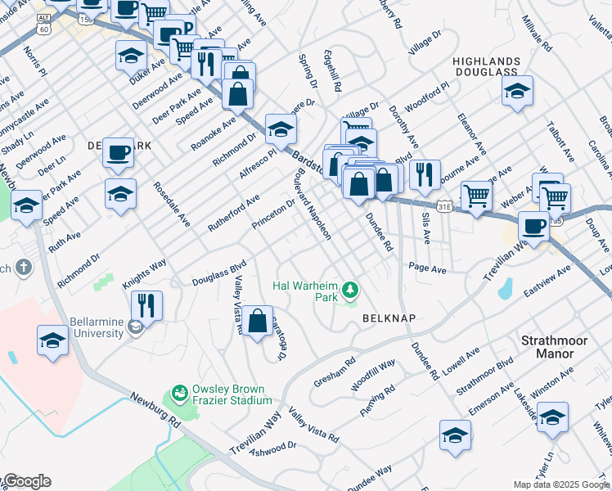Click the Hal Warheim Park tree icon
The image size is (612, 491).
click(x=350, y=289)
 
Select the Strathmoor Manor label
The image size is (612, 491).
click(x=553, y=345)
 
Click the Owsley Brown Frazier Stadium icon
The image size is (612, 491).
click(x=178, y=395)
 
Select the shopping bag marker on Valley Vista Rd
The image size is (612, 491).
click(x=258, y=320)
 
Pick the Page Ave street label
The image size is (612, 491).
click(x=427, y=268)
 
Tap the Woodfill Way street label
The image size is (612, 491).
click(x=373, y=372)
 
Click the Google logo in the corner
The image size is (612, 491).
click(x=26, y=481)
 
